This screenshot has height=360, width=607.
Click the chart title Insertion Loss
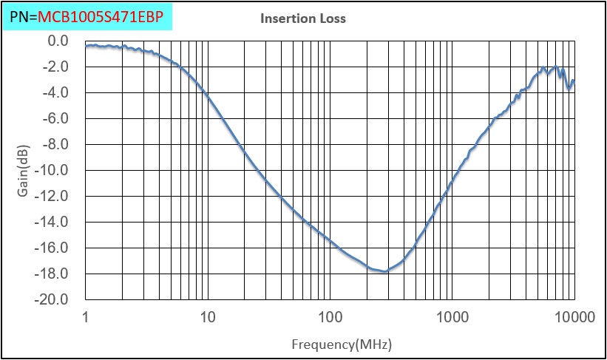(x=302, y=18)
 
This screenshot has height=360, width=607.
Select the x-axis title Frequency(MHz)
(x=341, y=344)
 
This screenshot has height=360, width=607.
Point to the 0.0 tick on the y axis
(x=57, y=41)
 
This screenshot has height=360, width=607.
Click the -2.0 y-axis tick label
(x=55, y=67)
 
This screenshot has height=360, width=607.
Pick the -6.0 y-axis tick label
(x=55, y=118)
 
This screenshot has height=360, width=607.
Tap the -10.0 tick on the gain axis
(x=53, y=170)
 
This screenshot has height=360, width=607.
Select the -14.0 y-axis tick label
(x=53, y=222)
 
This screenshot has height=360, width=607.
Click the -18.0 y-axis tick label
(x=53, y=274)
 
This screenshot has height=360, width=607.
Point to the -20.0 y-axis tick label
(x=53, y=299)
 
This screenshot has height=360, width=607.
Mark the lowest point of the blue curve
(x=385, y=271)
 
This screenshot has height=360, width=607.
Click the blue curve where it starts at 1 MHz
(x=87, y=46)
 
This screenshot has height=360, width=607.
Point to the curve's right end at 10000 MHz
(x=574, y=81)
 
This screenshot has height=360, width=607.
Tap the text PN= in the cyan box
(x=23, y=15)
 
